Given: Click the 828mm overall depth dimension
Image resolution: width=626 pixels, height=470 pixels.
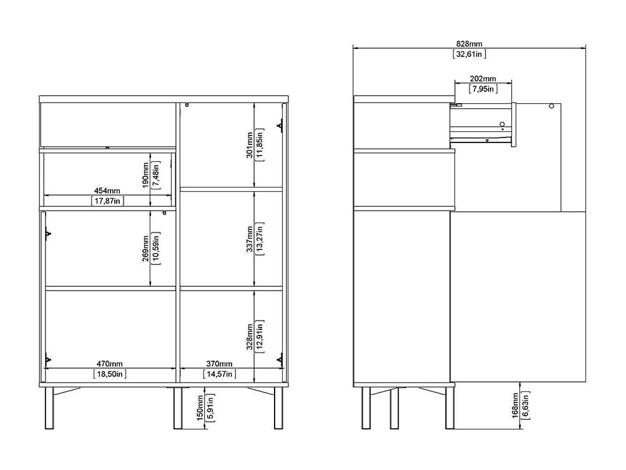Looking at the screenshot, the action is tap(469, 44).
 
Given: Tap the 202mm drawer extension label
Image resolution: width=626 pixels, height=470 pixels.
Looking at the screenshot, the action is tap(483, 79).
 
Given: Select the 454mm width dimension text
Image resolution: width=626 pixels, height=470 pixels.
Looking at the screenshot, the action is tap(107, 191).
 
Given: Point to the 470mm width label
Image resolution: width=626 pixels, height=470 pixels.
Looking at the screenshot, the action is tap(109, 364).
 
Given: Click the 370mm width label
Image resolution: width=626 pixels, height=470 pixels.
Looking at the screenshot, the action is tap(219, 364).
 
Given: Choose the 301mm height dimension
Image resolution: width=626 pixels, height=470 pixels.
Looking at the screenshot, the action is tap(250, 146).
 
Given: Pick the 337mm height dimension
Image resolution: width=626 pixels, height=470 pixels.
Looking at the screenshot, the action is tap(250, 239).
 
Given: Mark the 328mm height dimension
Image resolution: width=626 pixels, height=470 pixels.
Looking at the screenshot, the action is tap(250, 337).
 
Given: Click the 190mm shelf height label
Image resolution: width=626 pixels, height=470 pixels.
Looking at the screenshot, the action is tap(145, 175).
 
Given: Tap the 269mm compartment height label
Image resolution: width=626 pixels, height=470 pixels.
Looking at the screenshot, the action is tap(145, 248).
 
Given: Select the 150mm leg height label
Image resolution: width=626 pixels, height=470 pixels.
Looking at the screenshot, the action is tap(200, 408).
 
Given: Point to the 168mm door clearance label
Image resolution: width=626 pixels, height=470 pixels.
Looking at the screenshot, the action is tap(516, 406).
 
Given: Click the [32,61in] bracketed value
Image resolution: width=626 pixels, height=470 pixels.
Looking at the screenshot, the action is tap(469, 54).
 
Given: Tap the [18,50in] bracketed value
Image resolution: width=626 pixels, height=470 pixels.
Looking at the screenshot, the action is tap(110, 374).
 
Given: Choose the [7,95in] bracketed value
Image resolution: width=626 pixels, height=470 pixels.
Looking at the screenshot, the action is tap(483, 89).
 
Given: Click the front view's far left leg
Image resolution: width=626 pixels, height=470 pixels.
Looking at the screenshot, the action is tap(49, 408).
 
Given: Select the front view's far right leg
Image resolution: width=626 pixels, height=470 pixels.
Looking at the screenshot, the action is tap(278, 408).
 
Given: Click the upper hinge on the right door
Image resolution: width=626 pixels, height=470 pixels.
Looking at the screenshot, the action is tap(280, 125).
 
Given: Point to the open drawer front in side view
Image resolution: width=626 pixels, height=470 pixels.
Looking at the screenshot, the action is tap(514, 125).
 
